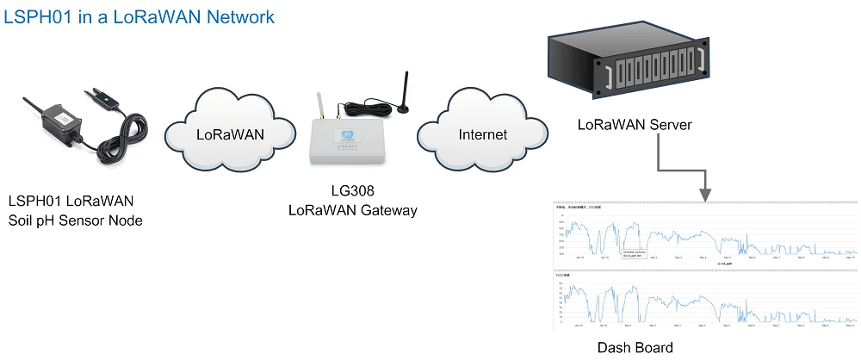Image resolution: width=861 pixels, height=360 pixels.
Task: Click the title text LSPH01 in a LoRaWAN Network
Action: coord(140,17)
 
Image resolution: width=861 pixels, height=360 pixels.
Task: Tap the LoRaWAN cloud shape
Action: coord(230,134)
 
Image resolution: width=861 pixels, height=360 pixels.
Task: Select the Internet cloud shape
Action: coord(482,134)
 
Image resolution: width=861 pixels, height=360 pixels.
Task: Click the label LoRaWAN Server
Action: coord(635,126)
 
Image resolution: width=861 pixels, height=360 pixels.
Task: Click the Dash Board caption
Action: coord(635,348)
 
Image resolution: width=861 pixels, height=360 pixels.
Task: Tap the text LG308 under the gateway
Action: coord(352,191)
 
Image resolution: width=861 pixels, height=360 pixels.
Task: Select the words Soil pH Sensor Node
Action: coord(75,221)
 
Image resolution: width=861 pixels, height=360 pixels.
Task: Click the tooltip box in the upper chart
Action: coord(635,253)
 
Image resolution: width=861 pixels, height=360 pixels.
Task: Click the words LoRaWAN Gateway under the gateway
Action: coord(352,210)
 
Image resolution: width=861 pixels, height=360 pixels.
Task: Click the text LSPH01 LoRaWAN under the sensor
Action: coord(71,202)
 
